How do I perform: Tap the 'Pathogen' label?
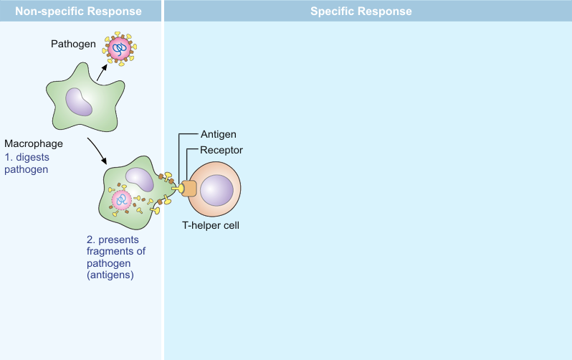tap(74, 44)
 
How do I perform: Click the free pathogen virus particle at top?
tap(120, 49)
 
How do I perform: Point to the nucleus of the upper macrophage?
tap(80, 101)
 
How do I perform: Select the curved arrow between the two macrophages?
tap(98, 150)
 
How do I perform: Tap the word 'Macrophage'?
tap(34, 143)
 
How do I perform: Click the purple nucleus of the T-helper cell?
tap(216, 191)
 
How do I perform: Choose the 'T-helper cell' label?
tap(210, 225)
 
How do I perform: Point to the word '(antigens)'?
tap(110, 275)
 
